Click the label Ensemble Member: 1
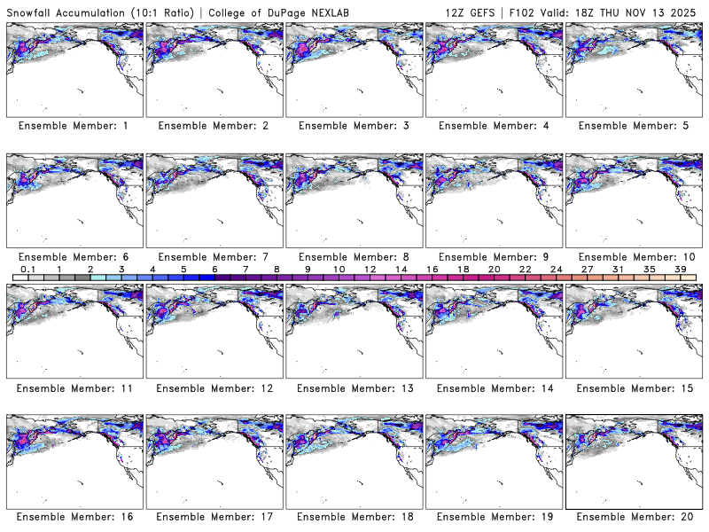73,126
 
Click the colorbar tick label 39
680,269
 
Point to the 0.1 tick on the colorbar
27,269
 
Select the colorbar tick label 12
370,269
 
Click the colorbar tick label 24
556,269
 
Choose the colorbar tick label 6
214,269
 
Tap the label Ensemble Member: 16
73,518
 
